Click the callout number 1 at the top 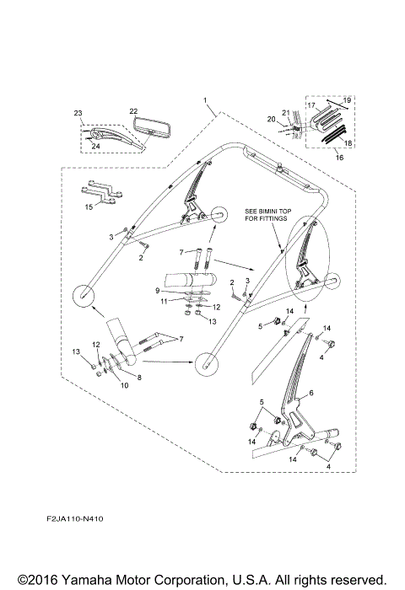coord(205,100)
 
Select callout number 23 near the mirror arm coord(78,113)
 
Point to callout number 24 coord(95,147)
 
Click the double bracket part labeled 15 coord(100,192)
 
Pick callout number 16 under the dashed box coord(339,158)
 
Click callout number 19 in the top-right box coord(347,100)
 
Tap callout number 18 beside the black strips coord(348,143)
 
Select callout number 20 coord(271,120)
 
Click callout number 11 coord(164,301)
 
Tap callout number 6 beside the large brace coord(311,393)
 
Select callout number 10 coord(124,385)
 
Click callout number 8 coord(139,378)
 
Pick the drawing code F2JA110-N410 coord(75,519)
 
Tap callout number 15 coord(89,207)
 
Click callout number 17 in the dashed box coord(311,105)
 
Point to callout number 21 coord(286,112)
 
